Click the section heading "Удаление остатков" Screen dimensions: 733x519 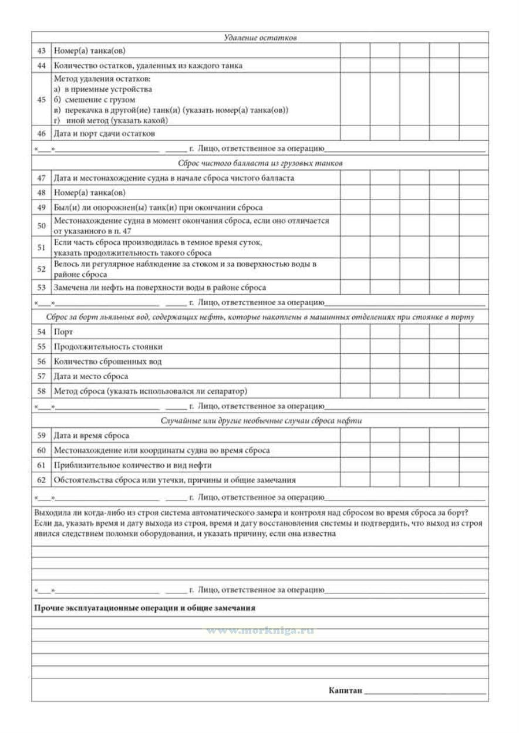260,38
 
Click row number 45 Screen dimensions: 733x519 41,99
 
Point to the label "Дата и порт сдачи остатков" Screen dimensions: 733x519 104,134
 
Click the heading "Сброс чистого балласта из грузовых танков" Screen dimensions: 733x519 260,163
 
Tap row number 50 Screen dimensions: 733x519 41,225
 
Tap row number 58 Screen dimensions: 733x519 41,391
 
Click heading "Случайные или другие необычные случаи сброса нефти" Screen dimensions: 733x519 260,421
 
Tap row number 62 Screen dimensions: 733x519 41,480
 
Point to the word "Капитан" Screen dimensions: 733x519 345,691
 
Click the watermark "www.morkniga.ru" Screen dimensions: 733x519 259,630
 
